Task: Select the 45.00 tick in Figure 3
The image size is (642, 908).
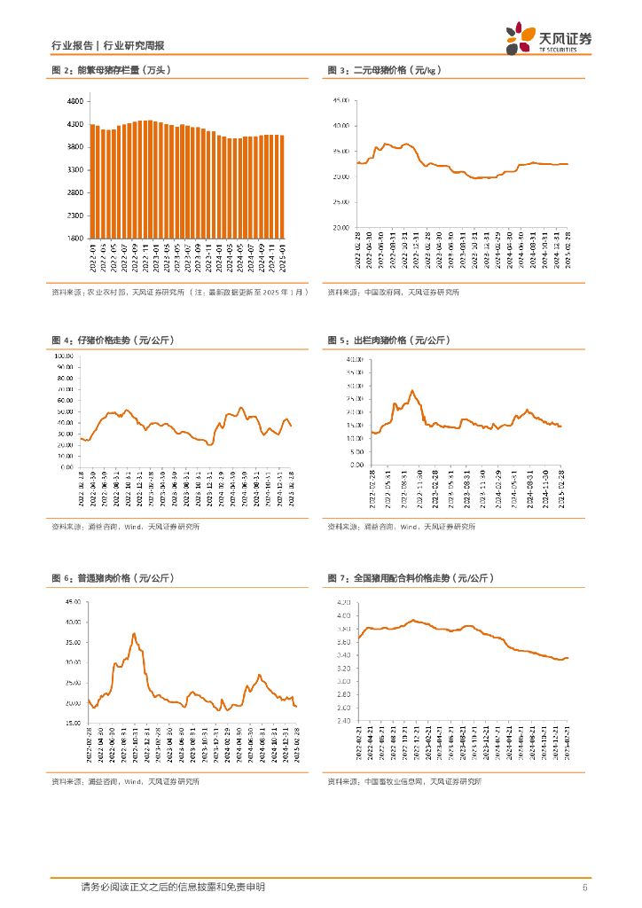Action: click(x=341, y=100)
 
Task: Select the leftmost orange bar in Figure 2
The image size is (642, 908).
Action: click(x=92, y=181)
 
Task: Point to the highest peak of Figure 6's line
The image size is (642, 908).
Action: click(x=134, y=634)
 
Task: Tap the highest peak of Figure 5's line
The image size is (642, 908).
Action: click(x=411, y=390)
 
